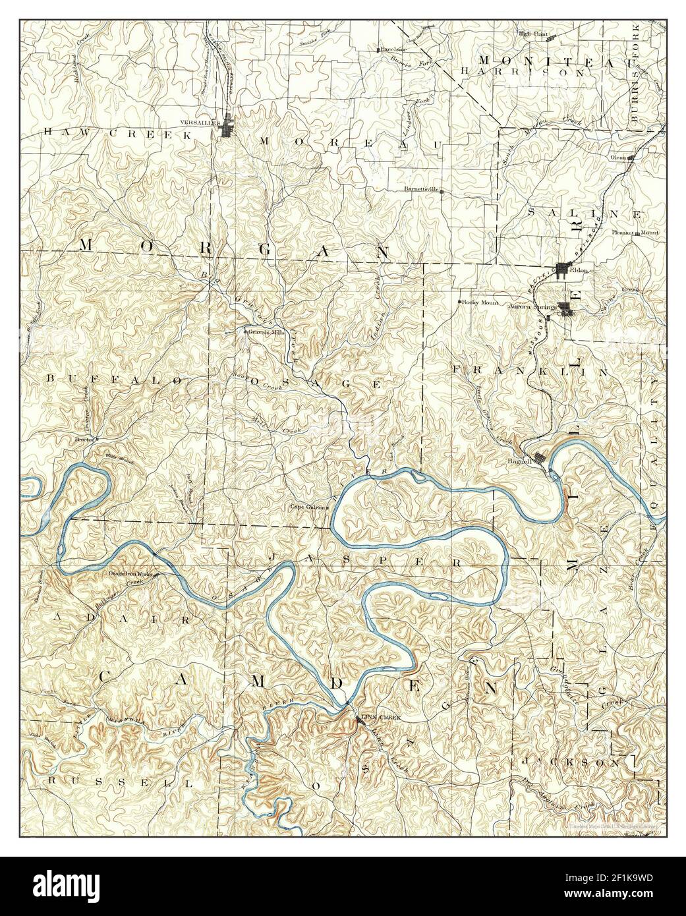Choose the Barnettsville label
click(x=422, y=188)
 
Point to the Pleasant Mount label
click(x=635, y=233)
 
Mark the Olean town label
click(x=617, y=158)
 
